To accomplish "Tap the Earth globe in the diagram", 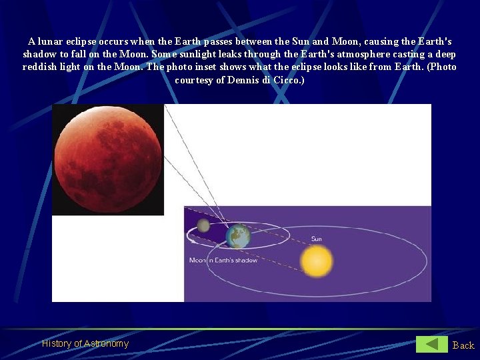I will click(x=237, y=236).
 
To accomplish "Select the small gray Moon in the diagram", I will click(x=203, y=227).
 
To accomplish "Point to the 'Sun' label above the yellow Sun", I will click(x=316, y=239).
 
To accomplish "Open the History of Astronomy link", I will click(x=85, y=343).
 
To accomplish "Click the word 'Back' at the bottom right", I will click(x=463, y=345).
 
